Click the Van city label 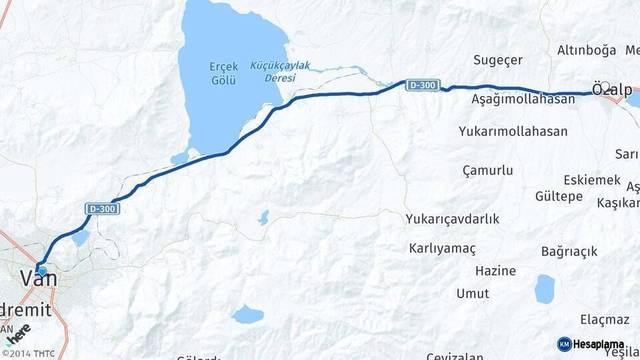point(39,279)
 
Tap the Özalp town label point(612,89)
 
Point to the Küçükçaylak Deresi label point(281,71)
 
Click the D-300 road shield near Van point(103,209)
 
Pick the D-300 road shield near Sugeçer point(423,85)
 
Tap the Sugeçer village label point(498,60)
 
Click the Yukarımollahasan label point(513,131)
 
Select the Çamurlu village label point(487,170)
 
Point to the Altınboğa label point(587,50)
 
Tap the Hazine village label point(495,271)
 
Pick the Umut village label point(473,293)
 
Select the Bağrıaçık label point(569,251)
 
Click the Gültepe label point(559,196)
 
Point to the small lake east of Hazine point(545,289)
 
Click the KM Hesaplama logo point(591,344)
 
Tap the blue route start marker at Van point(42,271)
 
